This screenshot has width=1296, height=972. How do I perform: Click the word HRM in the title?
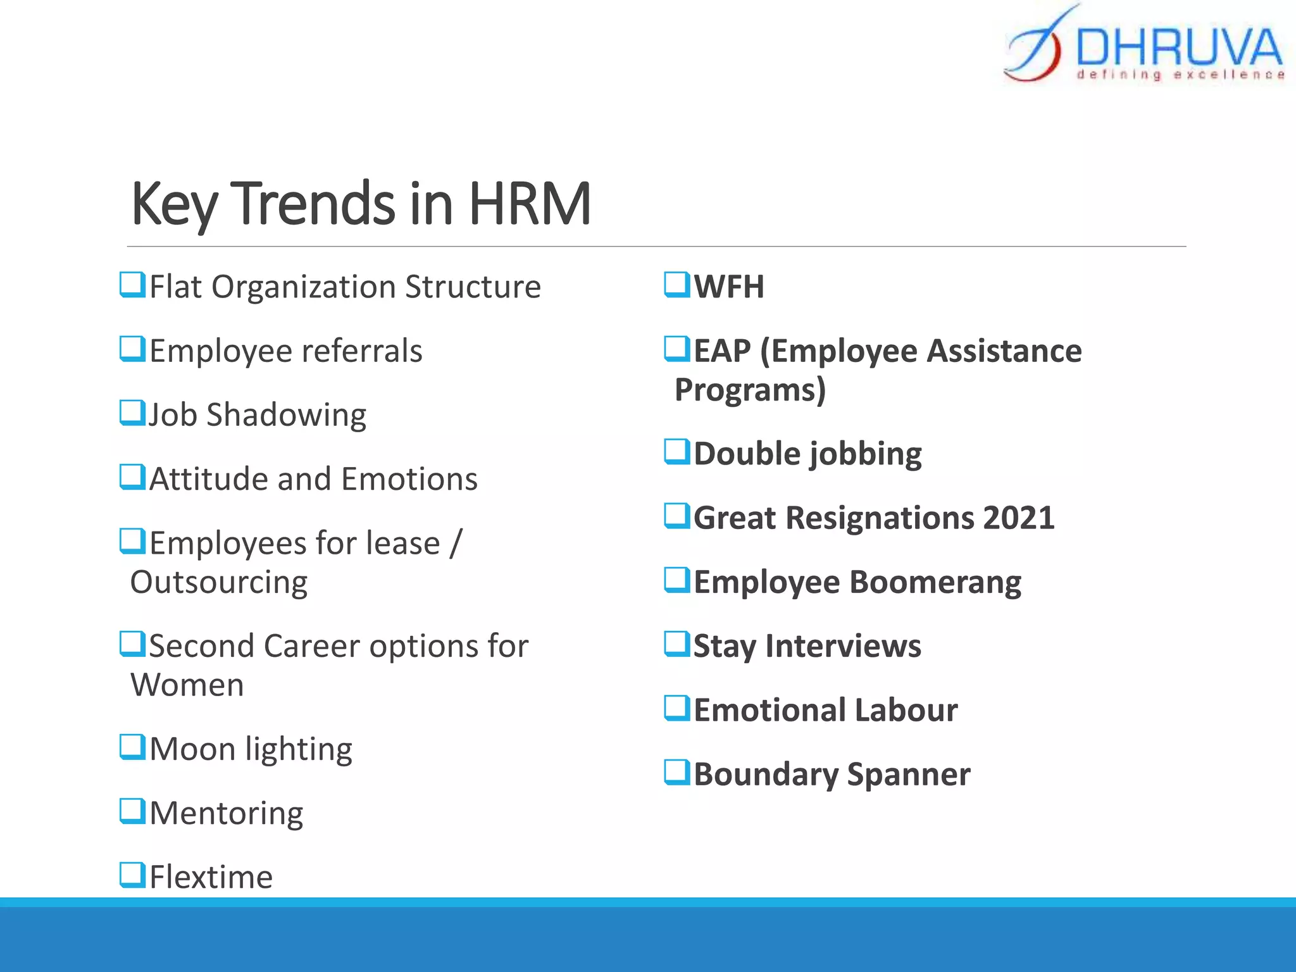pos(529,204)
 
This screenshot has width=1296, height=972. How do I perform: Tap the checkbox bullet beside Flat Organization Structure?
pos(132,285)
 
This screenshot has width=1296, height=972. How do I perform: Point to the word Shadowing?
pos(286,415)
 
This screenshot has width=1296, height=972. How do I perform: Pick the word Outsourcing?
pos(219,582)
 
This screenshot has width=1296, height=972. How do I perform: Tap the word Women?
pos(187,685)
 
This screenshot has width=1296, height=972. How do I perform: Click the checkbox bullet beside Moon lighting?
pos(132,747)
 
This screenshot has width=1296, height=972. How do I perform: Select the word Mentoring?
pos(226,813)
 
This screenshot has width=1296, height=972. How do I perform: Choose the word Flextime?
pos(211,877)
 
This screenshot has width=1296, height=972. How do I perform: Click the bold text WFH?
pos(729,287)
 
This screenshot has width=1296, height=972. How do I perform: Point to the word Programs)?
pos(751,390)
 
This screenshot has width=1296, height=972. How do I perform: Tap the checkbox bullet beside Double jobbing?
pos(677,452)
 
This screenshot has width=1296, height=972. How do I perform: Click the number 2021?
pos(1018,518)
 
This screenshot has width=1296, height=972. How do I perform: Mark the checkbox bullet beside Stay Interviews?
pos(677,644)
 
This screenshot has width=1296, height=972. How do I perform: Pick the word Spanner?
pos(908,775)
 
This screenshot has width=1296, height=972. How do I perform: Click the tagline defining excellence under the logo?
pos(1181,75)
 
